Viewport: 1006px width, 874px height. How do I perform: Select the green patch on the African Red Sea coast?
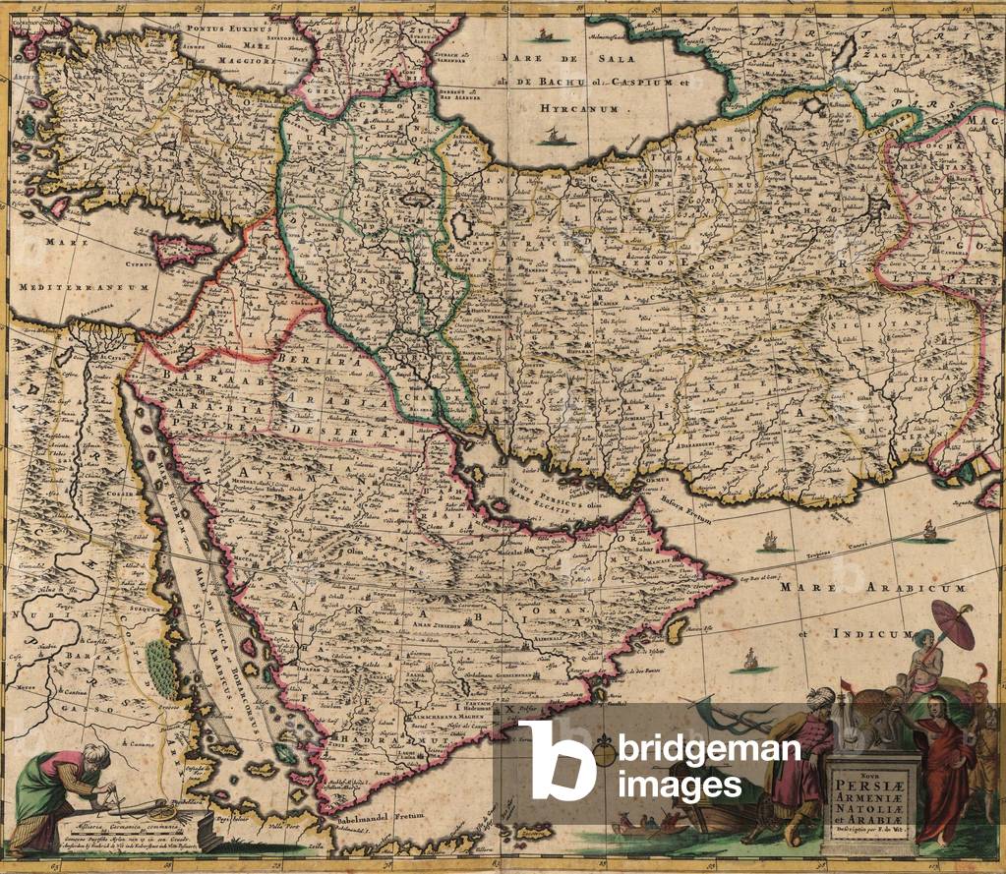[157, 659]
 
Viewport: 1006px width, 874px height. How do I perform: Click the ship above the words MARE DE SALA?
[542, 37]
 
